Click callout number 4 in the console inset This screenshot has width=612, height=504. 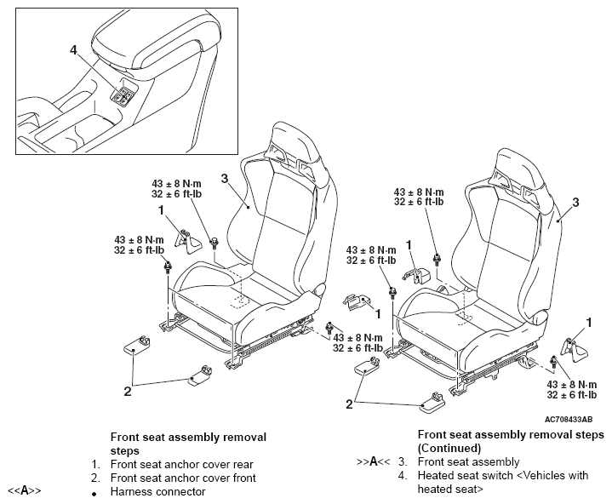(74, 50)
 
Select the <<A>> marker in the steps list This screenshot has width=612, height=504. (25, 491)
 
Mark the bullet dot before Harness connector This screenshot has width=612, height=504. (95, 492)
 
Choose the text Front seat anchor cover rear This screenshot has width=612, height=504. (181, 464)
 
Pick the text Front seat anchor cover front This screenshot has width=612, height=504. (183, 478)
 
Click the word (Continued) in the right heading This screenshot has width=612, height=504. (450, 448)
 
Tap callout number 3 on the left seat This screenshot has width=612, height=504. (224, 178)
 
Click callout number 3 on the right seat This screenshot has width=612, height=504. (575, 202)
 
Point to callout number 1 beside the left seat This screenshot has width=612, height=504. (160, 209)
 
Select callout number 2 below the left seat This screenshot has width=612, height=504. (127, 391)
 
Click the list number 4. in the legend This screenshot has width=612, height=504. (402, 476)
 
